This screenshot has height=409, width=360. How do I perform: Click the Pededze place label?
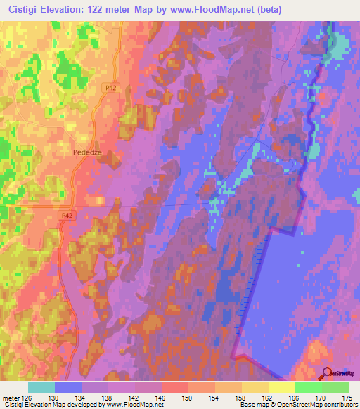coord(88,150)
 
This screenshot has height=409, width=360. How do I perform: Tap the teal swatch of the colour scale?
coord(41,388)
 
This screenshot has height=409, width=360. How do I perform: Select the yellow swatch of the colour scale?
coord(281,388)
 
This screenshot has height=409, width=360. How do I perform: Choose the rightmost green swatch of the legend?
coord(335,388)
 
